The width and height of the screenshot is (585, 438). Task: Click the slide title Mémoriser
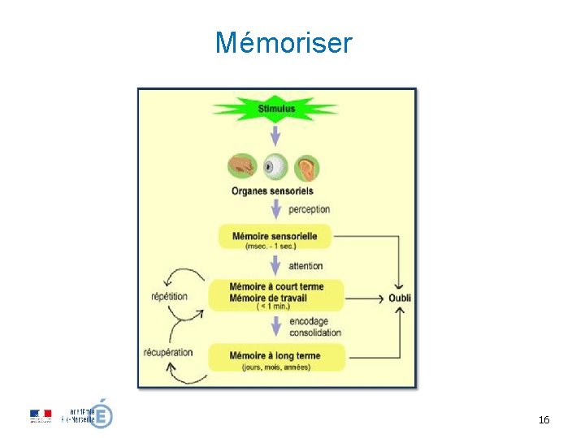click(284, 42)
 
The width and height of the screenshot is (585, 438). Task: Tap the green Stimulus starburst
click(276, 109)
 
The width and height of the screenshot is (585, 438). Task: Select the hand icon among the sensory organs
click(241, 167)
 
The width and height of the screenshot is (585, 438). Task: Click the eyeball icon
click(275, 167)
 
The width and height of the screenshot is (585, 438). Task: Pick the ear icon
click(307, 167)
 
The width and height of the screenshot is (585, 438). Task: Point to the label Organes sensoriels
click(271, 191)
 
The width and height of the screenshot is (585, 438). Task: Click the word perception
click(309, 209)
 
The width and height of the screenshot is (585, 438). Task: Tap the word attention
click(305, 265)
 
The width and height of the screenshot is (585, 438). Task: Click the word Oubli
click(400, 298)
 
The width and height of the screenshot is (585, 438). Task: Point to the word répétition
click(169, 296)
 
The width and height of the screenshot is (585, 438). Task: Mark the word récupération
click(168, 352)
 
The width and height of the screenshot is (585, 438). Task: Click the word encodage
click(309, 321)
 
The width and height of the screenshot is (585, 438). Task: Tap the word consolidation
click(315, 333)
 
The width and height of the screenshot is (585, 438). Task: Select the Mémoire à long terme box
click(276, 359)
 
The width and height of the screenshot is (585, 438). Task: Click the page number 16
click(544, 420)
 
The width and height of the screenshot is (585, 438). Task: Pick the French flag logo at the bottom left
click(41, 415)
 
